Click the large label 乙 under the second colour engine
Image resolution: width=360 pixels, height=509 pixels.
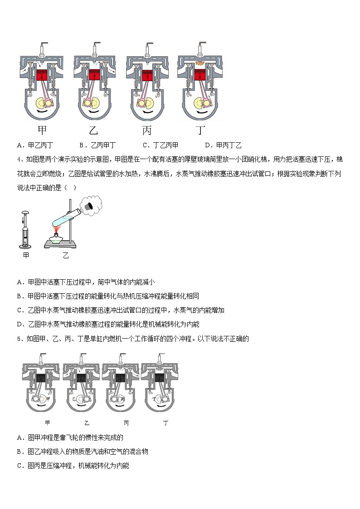click(93, 131)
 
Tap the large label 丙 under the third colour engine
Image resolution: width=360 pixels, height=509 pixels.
click(147, 131)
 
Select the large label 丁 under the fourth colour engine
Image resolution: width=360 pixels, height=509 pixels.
click(200, 131)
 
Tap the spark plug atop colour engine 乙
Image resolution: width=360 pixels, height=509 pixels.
click(97, 48)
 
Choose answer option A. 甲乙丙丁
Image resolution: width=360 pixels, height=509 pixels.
click(35, 145)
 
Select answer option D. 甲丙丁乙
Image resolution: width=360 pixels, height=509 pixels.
click(223, 145)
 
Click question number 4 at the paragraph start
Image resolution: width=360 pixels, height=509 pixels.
click(19, 159)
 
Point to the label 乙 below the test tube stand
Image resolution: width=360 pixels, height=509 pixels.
click(66, 256)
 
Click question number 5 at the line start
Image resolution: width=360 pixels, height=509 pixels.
click(19, 339)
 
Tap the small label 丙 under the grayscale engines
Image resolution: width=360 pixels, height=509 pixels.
click(126, 423)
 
